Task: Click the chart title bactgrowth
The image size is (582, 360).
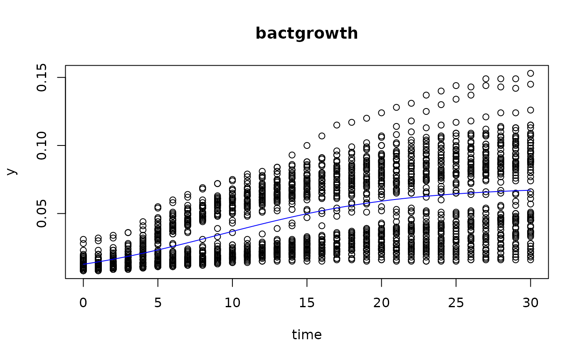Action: coord(307,34)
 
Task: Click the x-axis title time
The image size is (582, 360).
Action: coord(307,335)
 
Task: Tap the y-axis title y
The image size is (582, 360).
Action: coord(12,172)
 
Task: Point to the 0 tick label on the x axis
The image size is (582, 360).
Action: coord(84,303)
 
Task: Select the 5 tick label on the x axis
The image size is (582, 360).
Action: coord(158,303)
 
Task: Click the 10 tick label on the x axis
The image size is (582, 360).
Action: coord(232,303)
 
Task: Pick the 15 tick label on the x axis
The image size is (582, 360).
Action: coord(307,303)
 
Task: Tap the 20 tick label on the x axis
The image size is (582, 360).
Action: coord(381,303)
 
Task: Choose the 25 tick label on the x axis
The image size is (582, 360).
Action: coord(456,303)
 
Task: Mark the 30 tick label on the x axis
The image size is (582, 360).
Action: coord(530,303)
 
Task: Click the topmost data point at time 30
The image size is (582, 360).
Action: coord(530,74)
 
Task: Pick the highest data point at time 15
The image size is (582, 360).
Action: coord(307,145)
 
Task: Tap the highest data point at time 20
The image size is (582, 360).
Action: coord(381,113)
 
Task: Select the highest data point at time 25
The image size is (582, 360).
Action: coord(456,86)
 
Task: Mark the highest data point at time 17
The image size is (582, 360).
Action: coord(337,125)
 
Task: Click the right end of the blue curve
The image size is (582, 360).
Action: coord(530,190)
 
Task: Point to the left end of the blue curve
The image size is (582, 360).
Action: coord(84,264)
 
